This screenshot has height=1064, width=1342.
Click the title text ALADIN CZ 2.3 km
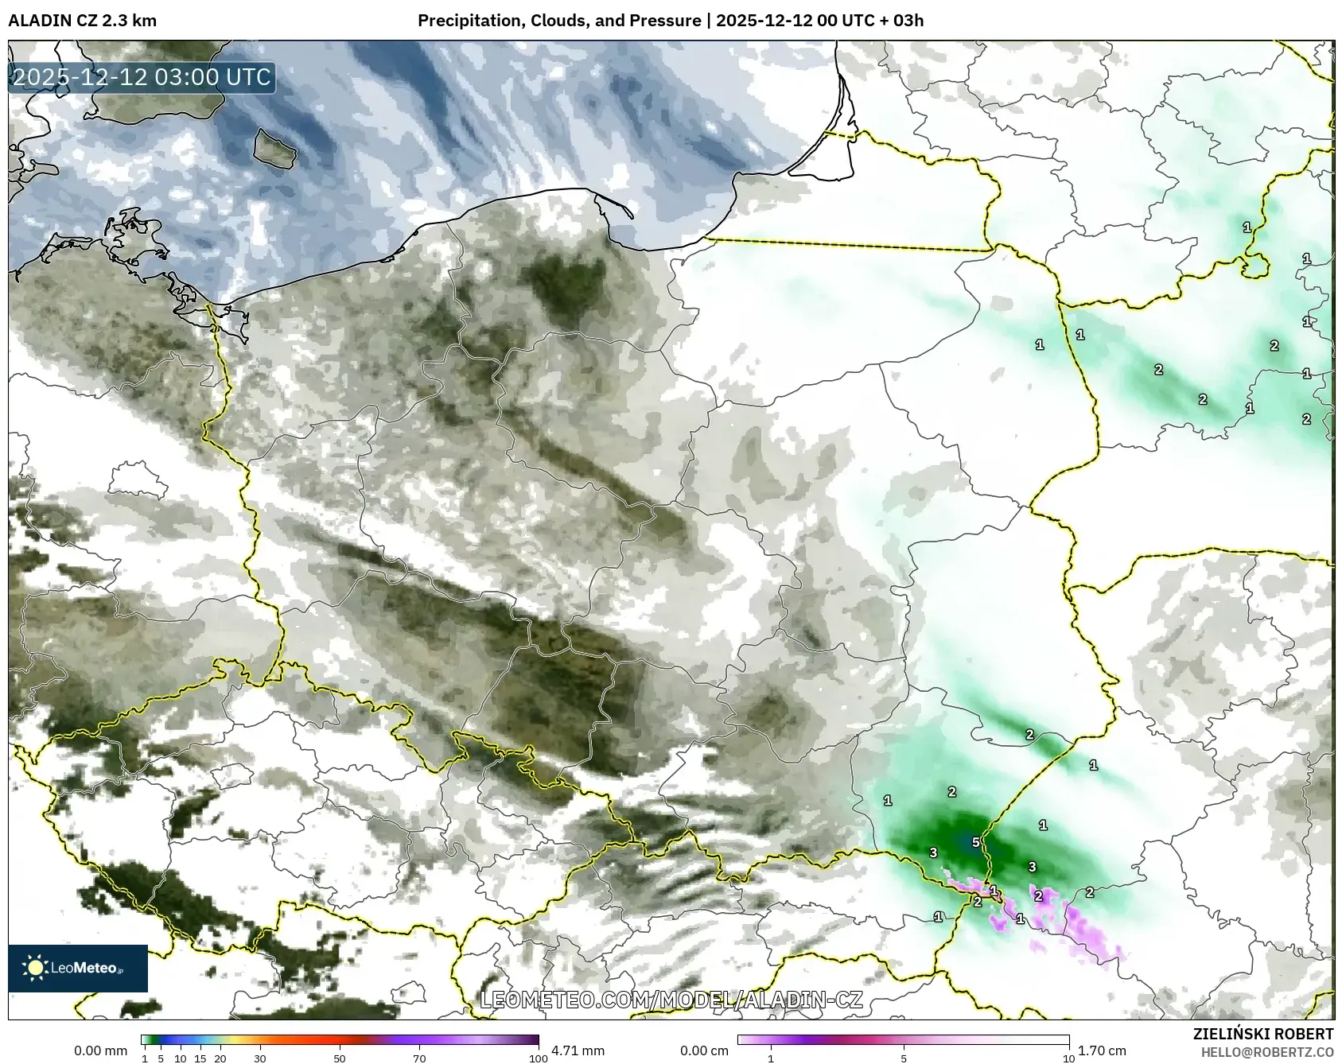point(82,21)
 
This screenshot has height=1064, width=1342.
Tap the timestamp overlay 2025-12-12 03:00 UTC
point(142,77)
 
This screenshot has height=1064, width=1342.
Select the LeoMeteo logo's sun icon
point(35,968)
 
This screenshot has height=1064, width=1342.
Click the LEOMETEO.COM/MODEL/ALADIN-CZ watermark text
point(671,1000)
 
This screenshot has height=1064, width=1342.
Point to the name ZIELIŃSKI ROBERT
point(1263,1034)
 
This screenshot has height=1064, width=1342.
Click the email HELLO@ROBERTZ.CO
point(1266,1052)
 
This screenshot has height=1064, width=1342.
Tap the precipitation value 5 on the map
point(975,842)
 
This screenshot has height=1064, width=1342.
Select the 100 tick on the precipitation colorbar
point(539,1058)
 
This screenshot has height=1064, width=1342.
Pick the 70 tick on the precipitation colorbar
point(419,1058)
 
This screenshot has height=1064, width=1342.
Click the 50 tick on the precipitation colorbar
point(340,1058)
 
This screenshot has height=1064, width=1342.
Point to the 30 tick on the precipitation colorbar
point(260,1058)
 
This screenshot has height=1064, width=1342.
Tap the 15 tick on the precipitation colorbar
point(200,1058)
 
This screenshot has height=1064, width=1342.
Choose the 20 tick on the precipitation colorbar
point(220,1058)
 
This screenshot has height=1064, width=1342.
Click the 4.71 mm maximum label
point(578,1050)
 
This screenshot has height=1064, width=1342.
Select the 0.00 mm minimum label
point(100,1050)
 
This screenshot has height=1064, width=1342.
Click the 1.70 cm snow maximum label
point(1102,1050)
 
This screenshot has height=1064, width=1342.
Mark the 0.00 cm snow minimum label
point(704,1050)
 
